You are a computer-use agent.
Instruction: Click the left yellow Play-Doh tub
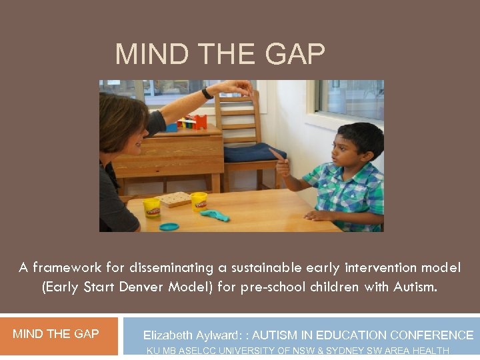point(152,207)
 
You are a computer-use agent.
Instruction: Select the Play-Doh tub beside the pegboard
point(199,201)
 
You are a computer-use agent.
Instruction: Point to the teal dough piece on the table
point(215,215)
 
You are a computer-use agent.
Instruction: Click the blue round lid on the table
point(169,227)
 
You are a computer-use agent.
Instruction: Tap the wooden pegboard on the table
point(175,199)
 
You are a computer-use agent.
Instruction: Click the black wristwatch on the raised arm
point(207,93)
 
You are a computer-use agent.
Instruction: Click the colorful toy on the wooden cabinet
point(193,122)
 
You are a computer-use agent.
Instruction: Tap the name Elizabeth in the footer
point(167,335)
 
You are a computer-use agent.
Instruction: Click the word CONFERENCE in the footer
point(432,335)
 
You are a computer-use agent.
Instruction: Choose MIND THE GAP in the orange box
point(56,334)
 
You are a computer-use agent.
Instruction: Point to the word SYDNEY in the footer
point(346,351)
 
